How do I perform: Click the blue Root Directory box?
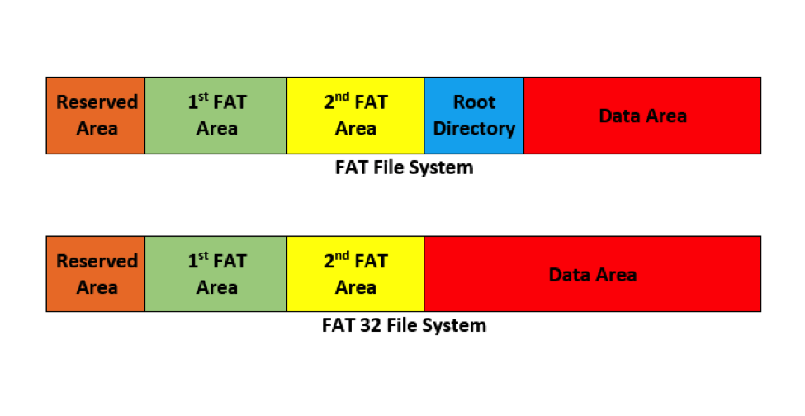[x=474, y=116]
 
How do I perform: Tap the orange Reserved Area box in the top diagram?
[x=96, y=116]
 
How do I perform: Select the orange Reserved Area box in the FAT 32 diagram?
[x=96, y=274]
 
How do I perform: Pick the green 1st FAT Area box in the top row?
[x=216, y=116]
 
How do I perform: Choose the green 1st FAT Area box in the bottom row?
[x=216, y=274]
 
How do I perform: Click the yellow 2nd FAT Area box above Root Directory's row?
[x=356, y=116]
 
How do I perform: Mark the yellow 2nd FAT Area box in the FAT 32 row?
[x=356, y=274]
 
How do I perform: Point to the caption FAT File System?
[x=405, y=168]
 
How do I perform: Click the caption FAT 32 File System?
[x=404, y=325]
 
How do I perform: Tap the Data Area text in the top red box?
[x=642, y=116]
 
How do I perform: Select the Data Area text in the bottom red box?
[x=593, y=274]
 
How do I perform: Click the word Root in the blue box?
[x=475, y=102]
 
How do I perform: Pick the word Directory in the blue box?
[x=475, y=129]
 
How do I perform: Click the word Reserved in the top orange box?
[x=97, y=102]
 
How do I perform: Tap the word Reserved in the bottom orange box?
[x=97, y=261]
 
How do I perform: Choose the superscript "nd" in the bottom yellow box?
[x=343, y=256]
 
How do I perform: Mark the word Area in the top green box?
[x=217, y=129]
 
